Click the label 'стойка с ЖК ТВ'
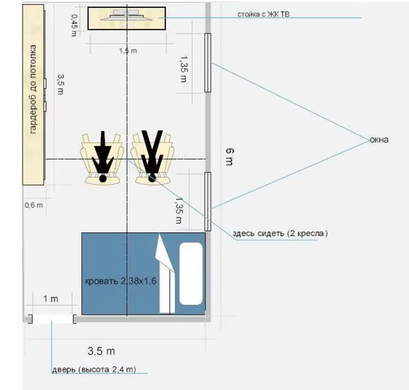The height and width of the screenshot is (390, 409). pyautogui.click(x=263, y=14)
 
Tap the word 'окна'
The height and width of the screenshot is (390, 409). pyautogui.click(x=379, y=140)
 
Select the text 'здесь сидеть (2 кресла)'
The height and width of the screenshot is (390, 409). pyautogui.click(x=280, y=233)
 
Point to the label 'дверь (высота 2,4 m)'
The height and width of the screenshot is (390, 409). pyautogui.click(x=94, y=370)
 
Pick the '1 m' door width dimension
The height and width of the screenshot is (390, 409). pyautogui.click(x=51, y=299)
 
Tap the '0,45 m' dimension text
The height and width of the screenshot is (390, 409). pyautogui.click(x=74, y=25)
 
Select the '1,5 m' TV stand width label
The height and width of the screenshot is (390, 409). pyautogui.click(x=128, y=51)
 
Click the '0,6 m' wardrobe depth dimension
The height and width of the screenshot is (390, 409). pyautogui.click(x=34, y=205)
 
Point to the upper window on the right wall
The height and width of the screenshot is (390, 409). pyautogui.click(x=207, y=63)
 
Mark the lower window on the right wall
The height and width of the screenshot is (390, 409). pyautogui.click(x=207, y=202)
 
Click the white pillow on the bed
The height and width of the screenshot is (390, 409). pyautogui.click(x=191, y=274)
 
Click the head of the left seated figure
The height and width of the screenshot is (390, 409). pyautogui.click(x=103, y=179)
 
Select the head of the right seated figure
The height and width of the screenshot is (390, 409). pyautogui.click(x=152, y=178)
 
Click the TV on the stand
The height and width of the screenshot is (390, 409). pyautogui.click(x=127, y=15)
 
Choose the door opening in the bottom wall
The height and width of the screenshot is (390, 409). pyautogui.click(x=52, y=319)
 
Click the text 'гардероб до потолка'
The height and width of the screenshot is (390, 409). pyautogui.click(x=33, y=89)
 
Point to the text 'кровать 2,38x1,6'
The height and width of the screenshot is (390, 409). pyautogui.click(x=121, y=281)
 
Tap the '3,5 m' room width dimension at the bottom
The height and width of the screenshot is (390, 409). pyautogui.click(x=101, y=351)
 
